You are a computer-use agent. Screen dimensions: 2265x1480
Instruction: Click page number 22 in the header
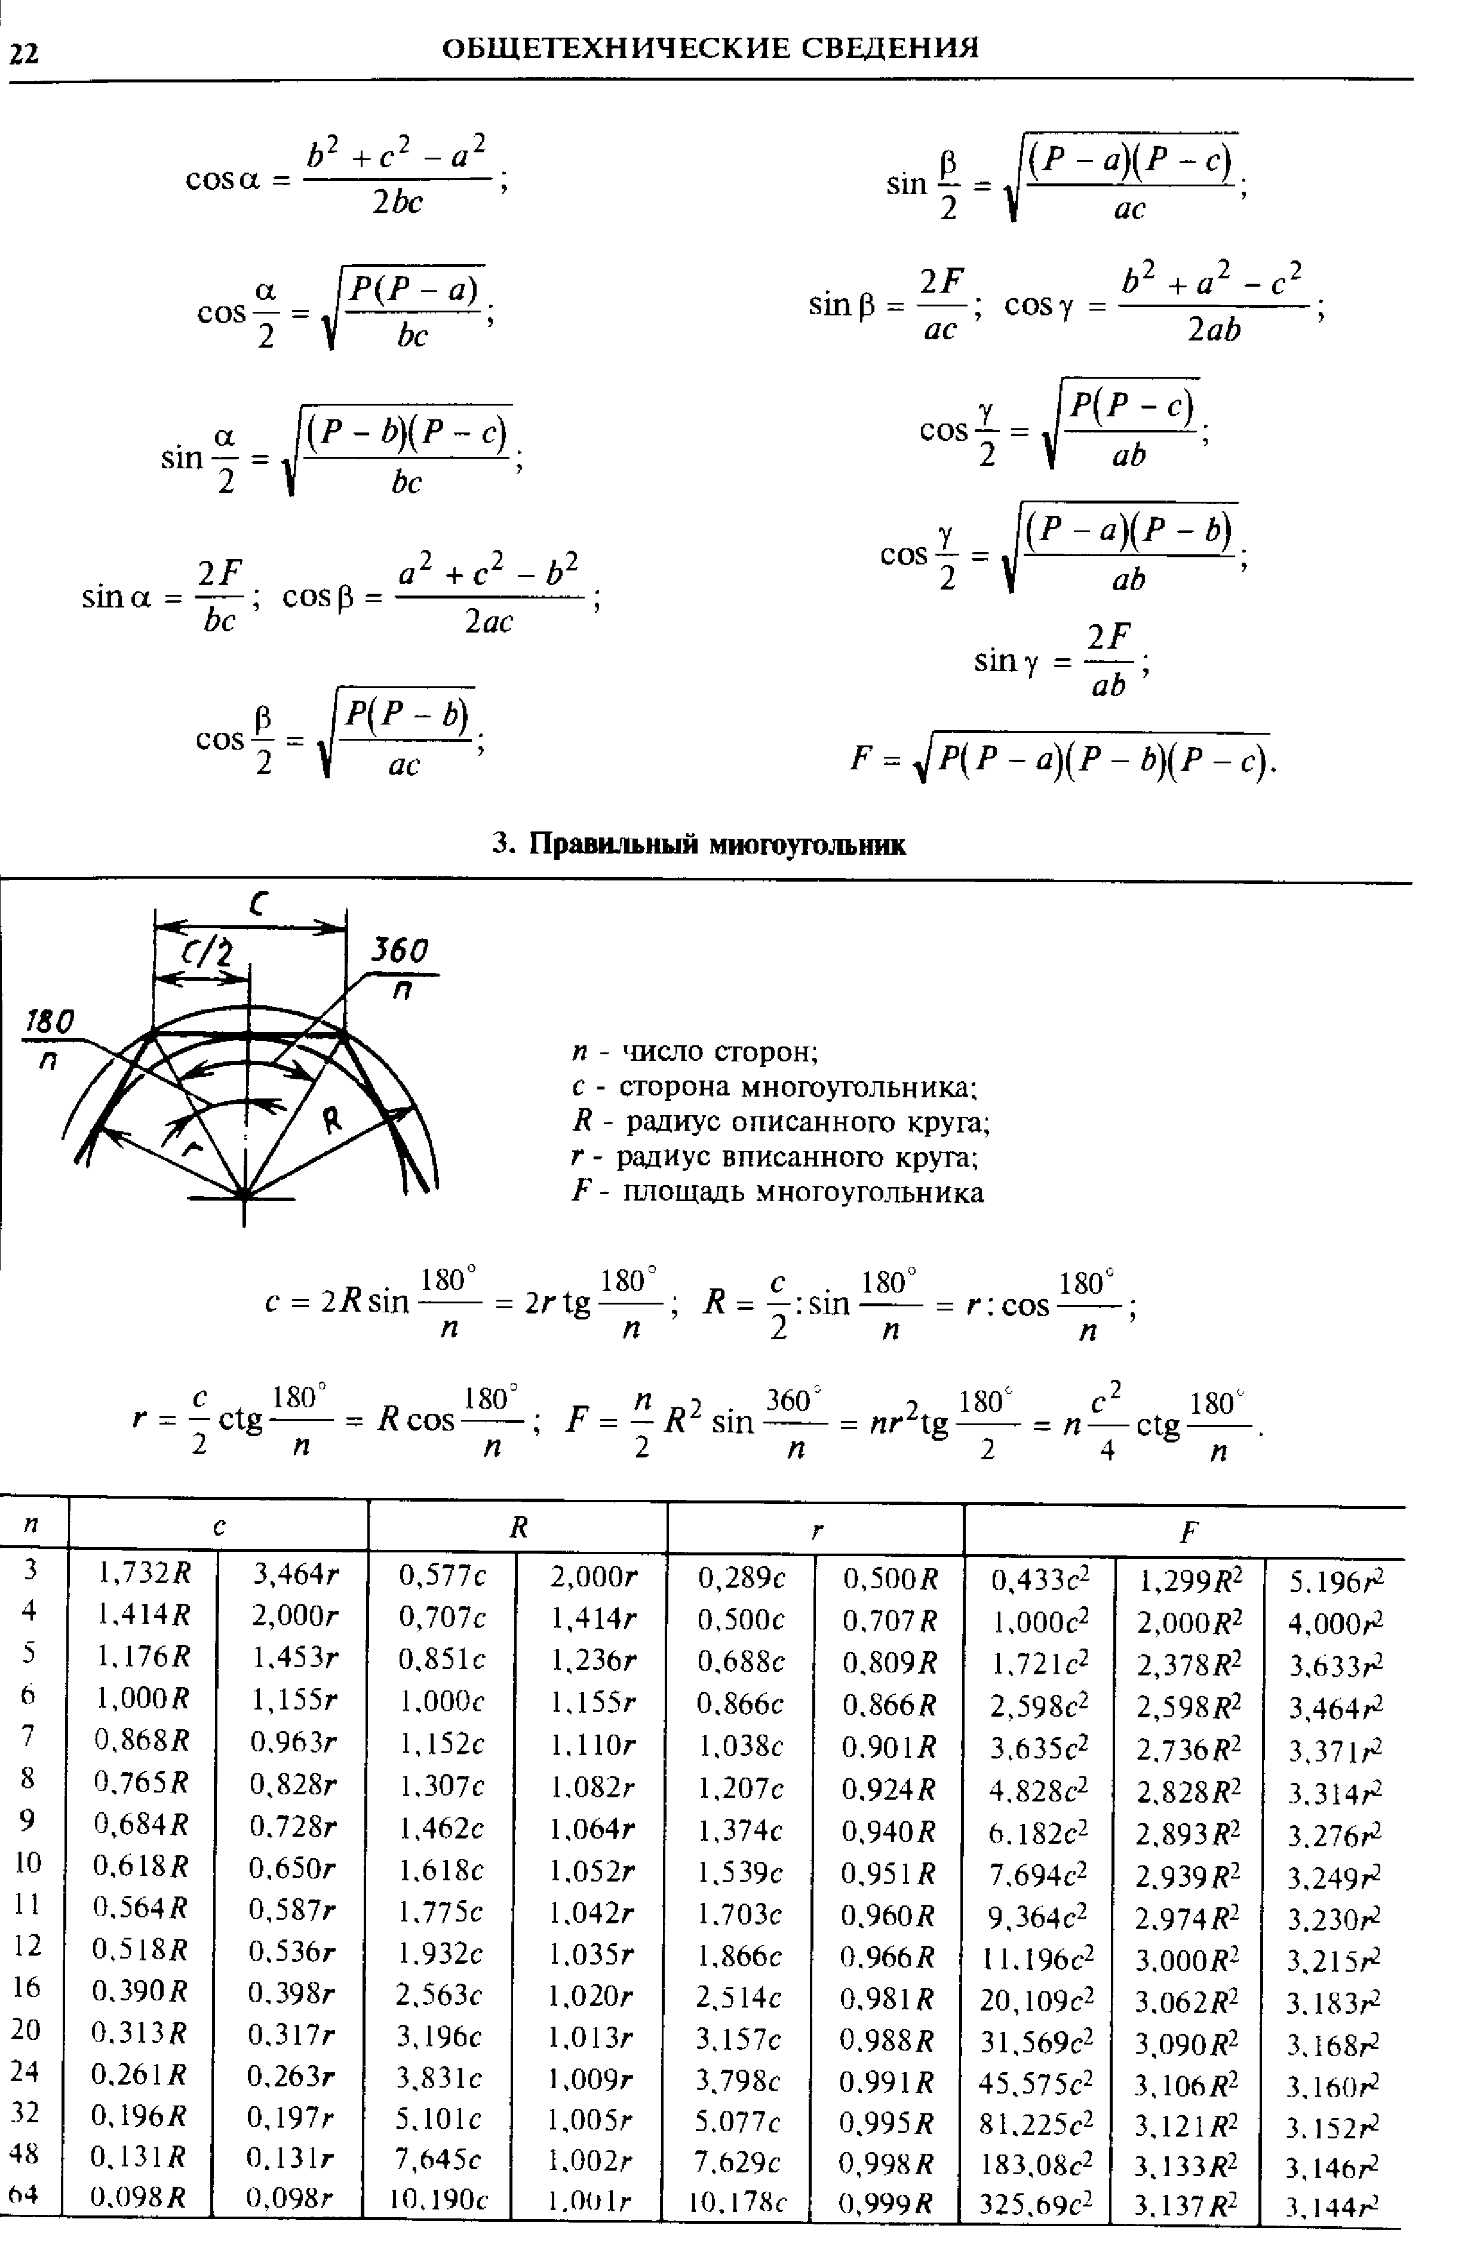pyautogui.click(x=24, y=53)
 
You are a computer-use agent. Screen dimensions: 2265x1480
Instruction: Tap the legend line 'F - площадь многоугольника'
pyautogui.click(x=776, y=1192)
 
